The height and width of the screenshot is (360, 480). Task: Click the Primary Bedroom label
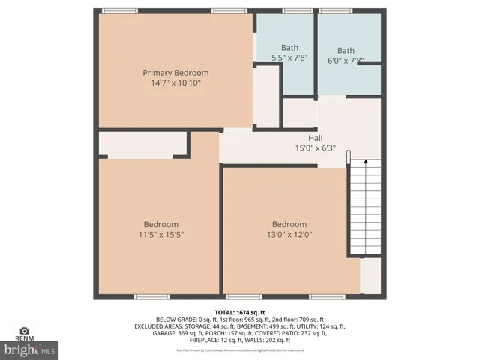(175, 73)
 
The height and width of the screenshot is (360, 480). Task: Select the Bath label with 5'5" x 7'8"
(289, 47)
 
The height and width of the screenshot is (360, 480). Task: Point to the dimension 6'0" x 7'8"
(346, 60)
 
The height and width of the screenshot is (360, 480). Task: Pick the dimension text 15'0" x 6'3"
(315, 148)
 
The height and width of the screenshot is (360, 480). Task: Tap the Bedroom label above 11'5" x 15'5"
(161, 224)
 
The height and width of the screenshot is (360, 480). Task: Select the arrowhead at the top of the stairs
(365, 160)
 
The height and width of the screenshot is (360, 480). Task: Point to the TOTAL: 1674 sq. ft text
(239, 311)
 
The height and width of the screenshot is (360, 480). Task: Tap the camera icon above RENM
(25, 331)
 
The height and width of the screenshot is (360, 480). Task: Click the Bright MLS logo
(30, 349)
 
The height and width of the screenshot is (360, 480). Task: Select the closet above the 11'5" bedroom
(142, 144)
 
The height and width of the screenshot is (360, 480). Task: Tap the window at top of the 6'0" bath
(336, 11)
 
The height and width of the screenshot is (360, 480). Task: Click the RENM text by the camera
(25, 339)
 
